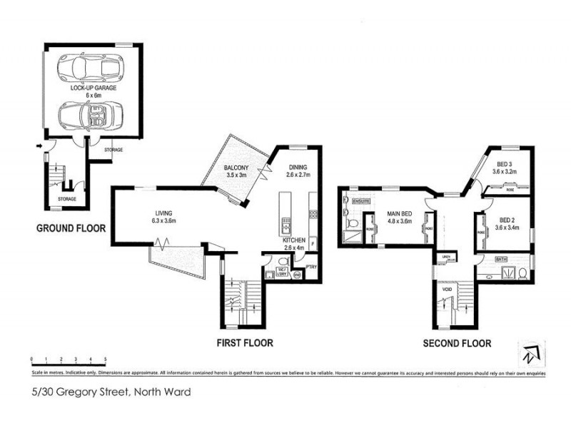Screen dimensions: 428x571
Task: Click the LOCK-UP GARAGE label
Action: pyautogui.click(x=94, y=88)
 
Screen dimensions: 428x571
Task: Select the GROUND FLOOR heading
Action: pyautogui.click(x=71, y=229)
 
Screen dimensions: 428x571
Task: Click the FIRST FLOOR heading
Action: pyautogui.click(x=245, y=343)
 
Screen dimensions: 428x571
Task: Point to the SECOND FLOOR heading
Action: pyautogui.click(x=457, y=343)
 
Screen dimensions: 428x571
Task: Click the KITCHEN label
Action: pyautogui.click(x=294, y=241)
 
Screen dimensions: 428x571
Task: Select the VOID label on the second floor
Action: pyautogui.click(x=446, y=290)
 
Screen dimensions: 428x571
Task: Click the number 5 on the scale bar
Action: pyautogui.click(x=106, y=359)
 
